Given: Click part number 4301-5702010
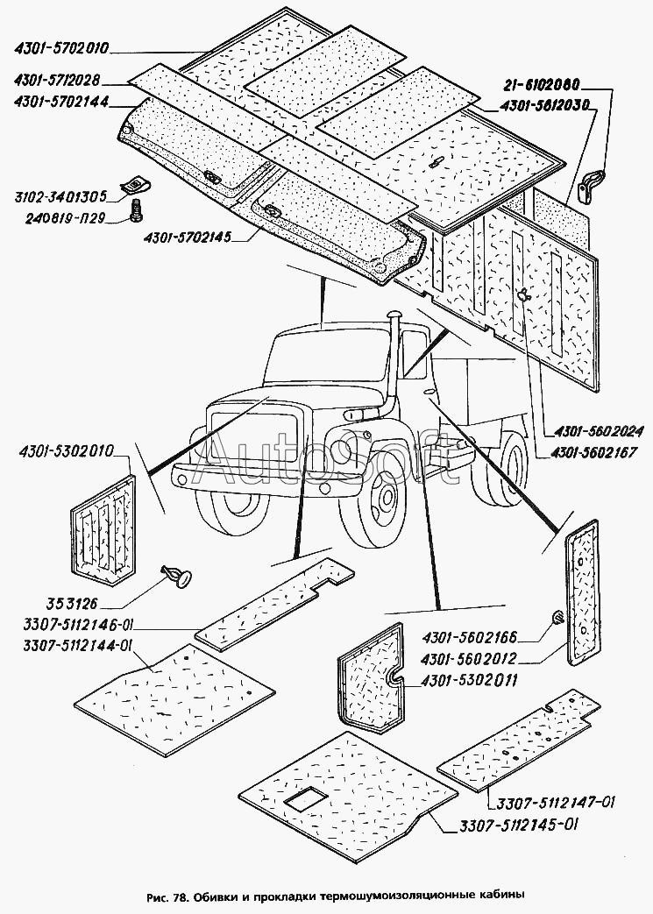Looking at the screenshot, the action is (x=61, y=48).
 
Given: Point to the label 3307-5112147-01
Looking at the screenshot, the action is (x=556, y=803).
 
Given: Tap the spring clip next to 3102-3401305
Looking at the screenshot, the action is (x=135, y=186).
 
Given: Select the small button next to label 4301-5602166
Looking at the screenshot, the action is (x=557, y=617).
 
